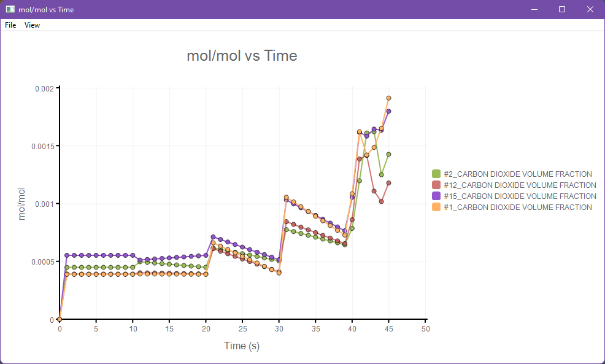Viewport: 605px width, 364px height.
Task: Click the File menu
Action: pos(10,25)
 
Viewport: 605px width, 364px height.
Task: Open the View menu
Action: pos(32,25)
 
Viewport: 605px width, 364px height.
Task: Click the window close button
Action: pos(590,9)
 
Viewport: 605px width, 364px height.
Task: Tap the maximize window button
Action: pos(561,9)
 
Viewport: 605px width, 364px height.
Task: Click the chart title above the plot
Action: pos(242,56)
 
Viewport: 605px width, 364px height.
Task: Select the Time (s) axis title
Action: pos(242,346)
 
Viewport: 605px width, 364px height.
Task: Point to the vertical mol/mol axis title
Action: pos(22,204)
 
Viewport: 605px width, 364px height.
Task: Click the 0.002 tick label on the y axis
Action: pos(44,88)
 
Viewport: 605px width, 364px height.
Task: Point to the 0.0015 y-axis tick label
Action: pos(42,146)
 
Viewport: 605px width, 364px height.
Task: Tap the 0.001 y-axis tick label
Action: pos(44,204)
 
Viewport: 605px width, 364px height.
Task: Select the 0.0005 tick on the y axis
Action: pos(42,261)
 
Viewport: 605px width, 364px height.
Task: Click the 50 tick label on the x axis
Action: pos(425,329)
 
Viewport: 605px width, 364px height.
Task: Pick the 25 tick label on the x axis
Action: pos(242,329)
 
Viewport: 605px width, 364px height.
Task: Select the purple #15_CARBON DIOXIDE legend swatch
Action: pos(436,196)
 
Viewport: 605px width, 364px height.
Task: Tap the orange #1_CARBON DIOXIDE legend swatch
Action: pos(436,207)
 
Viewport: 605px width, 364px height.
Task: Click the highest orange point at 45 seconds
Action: pos(388,98)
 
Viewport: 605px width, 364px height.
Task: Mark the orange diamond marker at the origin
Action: pos(60,319)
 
